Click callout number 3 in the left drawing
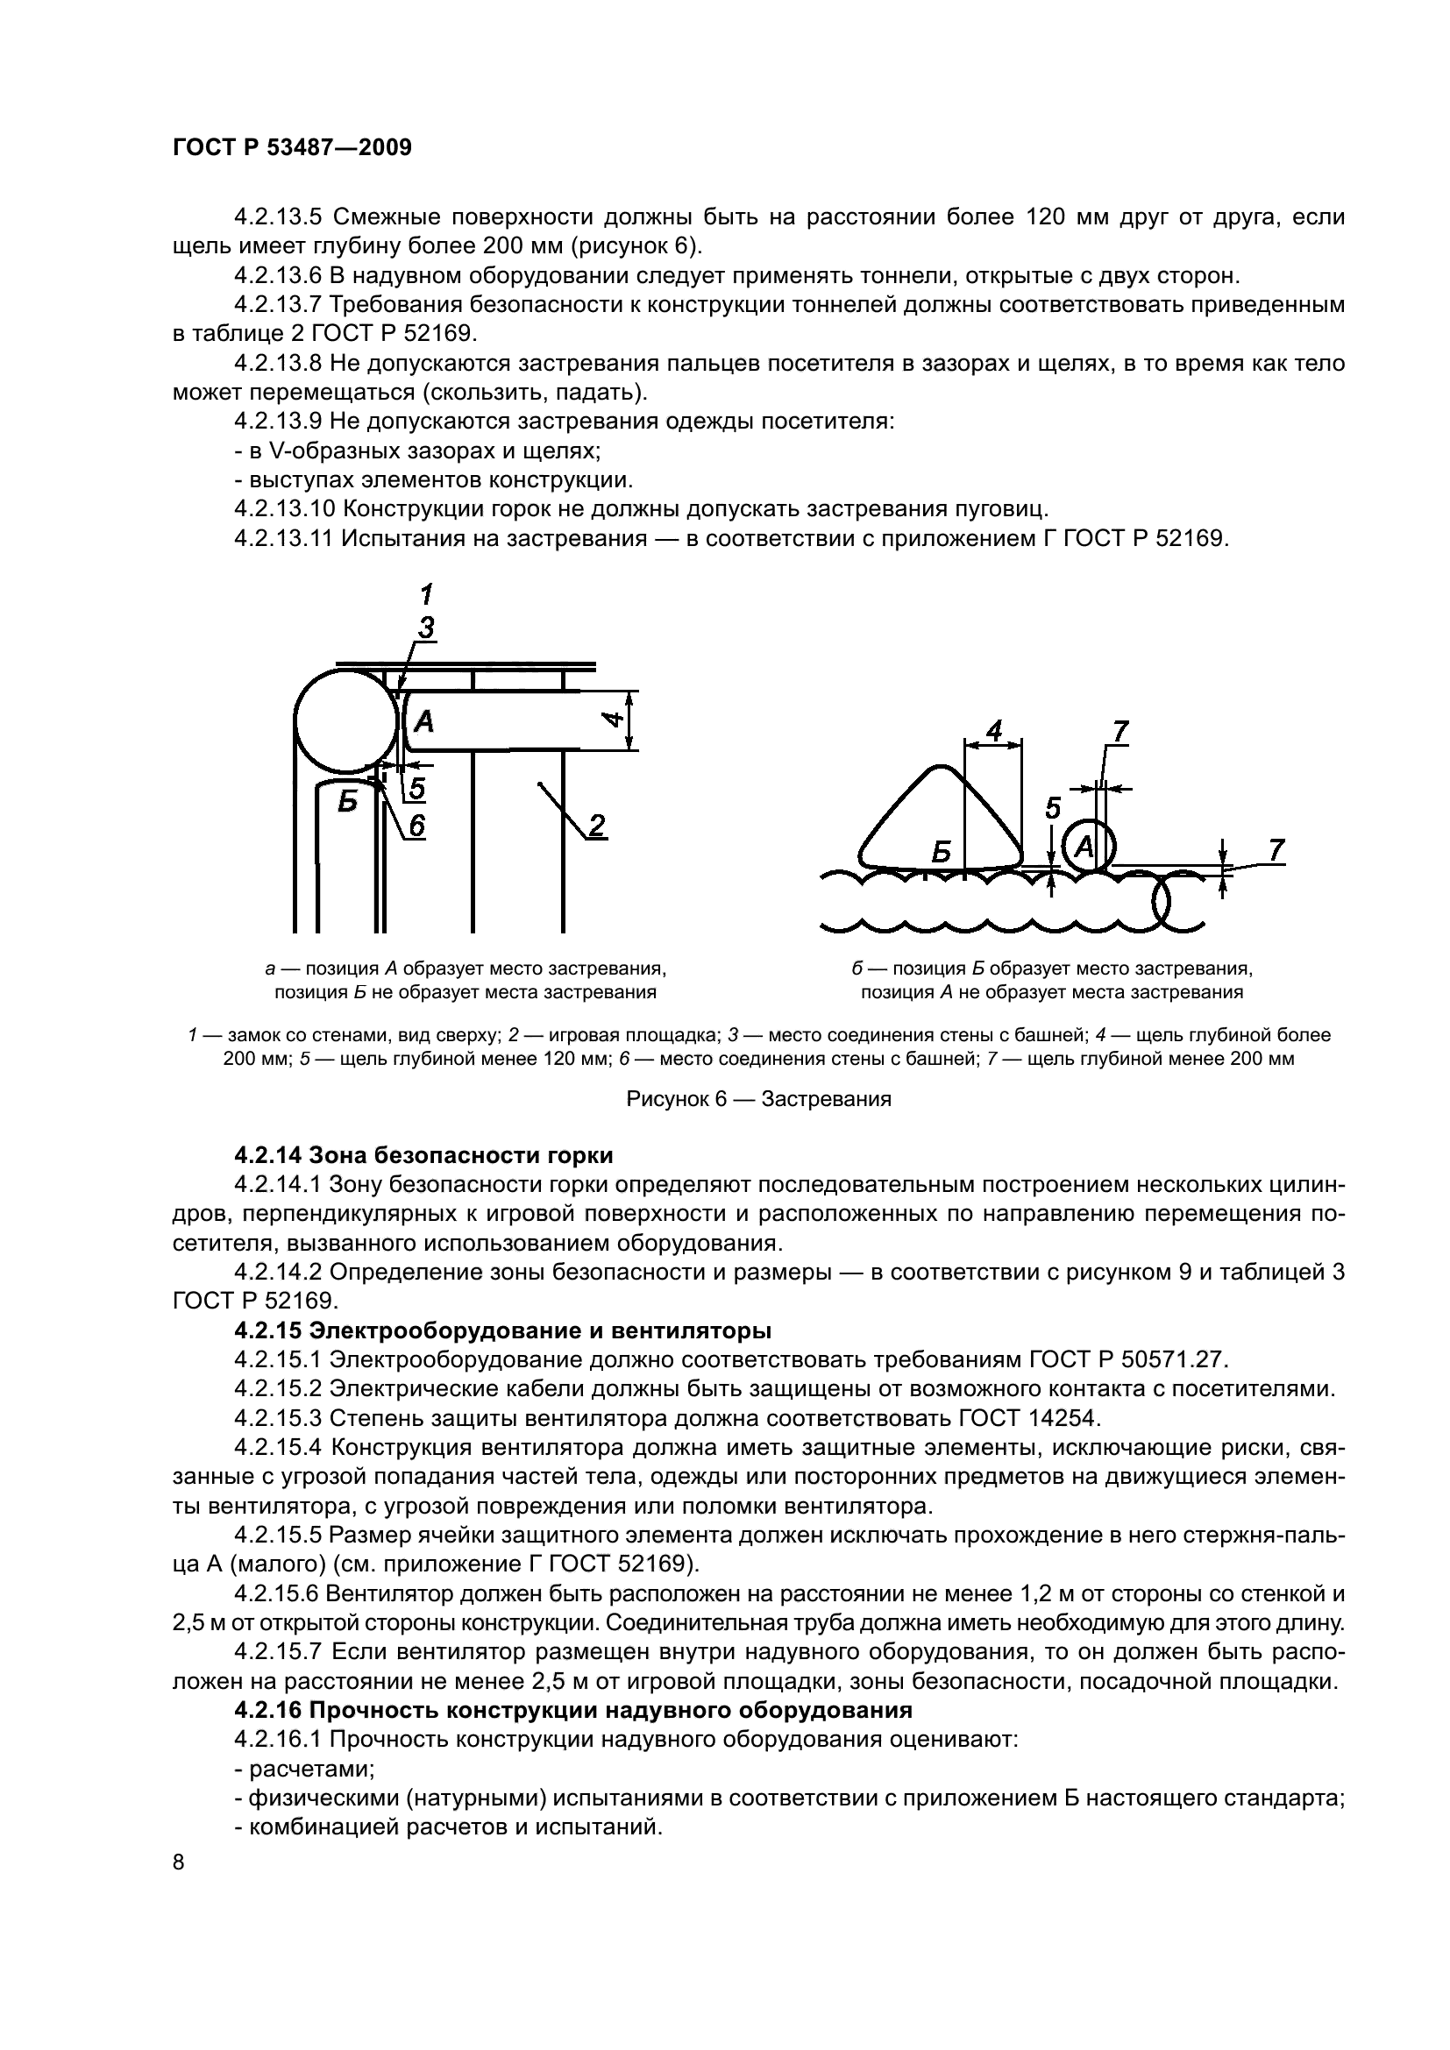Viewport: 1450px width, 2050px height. [x=426, y=628]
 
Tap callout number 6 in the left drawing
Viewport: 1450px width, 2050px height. [x=416, y=826]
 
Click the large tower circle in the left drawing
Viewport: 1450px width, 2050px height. [x=345, y=723]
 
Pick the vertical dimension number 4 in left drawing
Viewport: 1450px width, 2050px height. [x=612, y=719]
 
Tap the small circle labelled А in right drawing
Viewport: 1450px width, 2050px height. [x=1084, y=845]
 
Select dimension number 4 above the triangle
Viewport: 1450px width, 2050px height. [x=993, y=731]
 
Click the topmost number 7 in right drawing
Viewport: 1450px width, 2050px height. [x=1118, y=731]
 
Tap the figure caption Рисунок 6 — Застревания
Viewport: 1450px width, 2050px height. [x=758, y=1099]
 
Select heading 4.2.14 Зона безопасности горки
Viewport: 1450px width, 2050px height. [x=423, y=1155]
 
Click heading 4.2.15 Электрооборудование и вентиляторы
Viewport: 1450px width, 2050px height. [x=501, y=1330]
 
